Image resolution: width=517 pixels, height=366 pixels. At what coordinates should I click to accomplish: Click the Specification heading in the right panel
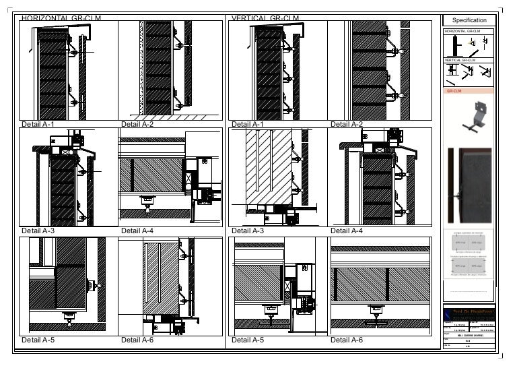pyautogui.click(x=469, y=20)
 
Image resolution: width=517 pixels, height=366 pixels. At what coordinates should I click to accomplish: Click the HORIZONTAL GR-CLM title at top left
pyautogui.click(x=61, y=18)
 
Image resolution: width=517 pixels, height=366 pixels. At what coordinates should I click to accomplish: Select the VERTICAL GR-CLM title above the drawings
pyautogui.click(x=265, y=18)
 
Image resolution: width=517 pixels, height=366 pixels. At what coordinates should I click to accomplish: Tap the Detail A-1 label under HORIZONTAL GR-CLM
pyautogui.click(x=38, y=124)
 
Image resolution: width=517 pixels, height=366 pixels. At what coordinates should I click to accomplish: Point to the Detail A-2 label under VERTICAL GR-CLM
pyautogui.click(x=347, y=124)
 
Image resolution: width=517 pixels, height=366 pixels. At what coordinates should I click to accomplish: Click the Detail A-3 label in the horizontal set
pyautogui.click(x=38, y=231)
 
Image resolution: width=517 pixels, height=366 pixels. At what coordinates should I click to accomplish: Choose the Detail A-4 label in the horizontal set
pyautogui.click(x=137, y=231)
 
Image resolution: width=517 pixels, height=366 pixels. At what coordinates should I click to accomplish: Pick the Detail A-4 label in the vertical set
pyautogui.click(x=347, y=231)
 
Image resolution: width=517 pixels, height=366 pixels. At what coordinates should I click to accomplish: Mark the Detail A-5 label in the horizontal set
pyautogui.click(x=38, y=340)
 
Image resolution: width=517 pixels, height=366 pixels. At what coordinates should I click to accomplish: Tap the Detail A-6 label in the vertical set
pyautogui.click(x=347, y=340)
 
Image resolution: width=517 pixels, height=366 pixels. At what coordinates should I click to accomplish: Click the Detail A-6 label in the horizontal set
pyautogui.click(x=137, y=340)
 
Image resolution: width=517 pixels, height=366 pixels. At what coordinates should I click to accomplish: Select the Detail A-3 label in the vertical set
pyautogui.click(x=248, y=231)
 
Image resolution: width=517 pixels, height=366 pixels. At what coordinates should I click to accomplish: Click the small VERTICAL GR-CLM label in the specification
pyautogui.click(x=460, y=60)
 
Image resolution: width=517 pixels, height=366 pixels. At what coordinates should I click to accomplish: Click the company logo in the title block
pyautogui.click(x=469, y=315)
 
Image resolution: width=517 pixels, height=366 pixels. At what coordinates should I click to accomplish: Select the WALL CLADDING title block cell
pyautogui.click(x=471, y=335)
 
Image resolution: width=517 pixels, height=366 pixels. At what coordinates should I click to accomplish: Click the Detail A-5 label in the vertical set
pyautogui.click(x=248, y=340)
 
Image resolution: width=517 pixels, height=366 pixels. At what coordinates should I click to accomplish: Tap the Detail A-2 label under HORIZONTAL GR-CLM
pyautogui.click(x=137, y=124)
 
